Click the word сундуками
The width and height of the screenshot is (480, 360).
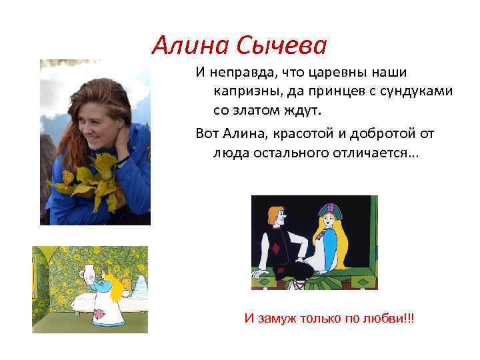click(415, 89)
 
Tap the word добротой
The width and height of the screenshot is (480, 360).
click(386, 134)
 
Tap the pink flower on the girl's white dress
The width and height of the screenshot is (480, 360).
click(100, 313)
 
